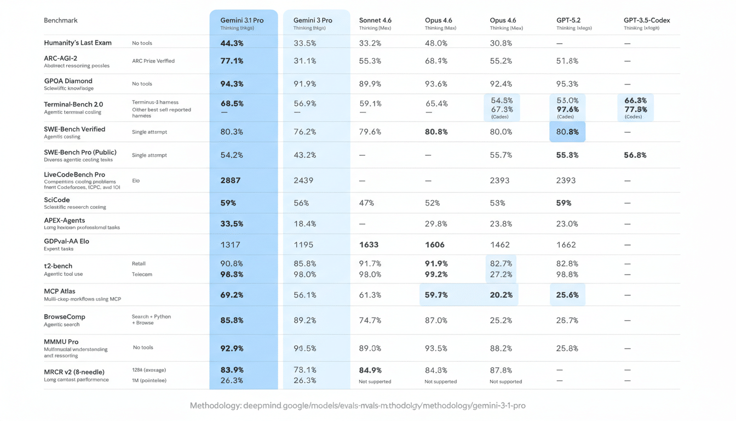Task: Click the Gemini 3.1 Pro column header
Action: click(x=242, y=20)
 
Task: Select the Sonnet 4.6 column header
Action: click(x=375, y=20)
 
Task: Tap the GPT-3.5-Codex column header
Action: click(x=646, y=20)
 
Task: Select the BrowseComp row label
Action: click(x=64, y=317)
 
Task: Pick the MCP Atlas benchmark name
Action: click(x=60, y=291)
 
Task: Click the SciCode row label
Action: click(x=56, y=200)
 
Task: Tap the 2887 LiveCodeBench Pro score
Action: click(x=231, y=180)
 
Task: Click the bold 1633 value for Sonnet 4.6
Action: click(x=369, y=245)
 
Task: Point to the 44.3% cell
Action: click(x=232, y=43)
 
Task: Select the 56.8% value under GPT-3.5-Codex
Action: click(x=635, y=155)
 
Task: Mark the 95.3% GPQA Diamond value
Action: click(x=567, y=84)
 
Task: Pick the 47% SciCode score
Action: click(x=366, y=203)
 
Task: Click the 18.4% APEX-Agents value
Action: click(x=304, y=224)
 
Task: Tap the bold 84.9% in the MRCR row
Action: click(x=370, y=370)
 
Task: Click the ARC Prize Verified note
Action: click(x=153, y=61)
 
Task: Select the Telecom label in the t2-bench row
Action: click(x=142, y=274)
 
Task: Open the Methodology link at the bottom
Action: click(x=358, y=406)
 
